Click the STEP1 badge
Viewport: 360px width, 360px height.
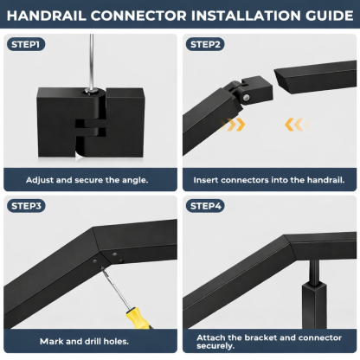27,43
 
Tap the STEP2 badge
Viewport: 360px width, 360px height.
206,43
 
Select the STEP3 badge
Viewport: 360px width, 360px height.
27,206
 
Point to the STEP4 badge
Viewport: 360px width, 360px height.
206,206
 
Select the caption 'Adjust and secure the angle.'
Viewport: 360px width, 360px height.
90,179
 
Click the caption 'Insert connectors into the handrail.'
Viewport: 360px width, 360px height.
269,179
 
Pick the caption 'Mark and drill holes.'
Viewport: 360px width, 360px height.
90,341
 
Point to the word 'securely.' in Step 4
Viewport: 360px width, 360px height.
214,345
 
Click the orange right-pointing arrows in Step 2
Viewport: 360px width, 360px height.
235,125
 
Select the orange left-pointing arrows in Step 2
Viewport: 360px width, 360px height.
294,125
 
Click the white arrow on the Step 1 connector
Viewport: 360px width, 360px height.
80,157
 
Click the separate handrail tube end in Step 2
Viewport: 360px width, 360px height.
316,82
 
